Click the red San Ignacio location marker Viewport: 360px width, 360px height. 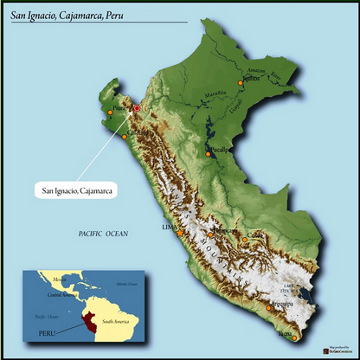click(x=136, y=108)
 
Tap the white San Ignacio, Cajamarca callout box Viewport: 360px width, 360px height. click(x=77, y=189)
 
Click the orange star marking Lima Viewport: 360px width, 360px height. click(x=179, y=234)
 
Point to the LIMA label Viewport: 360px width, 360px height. click(x=168, y=227)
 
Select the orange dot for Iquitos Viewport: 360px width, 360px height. click(x=241, y=83)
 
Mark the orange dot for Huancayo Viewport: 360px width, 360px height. click(x=209, y=234)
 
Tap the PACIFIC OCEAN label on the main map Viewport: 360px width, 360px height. click(x=102, y=235)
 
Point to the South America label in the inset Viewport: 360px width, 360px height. click(x=114, y=321)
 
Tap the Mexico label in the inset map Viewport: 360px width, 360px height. click(x=58, y=280)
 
